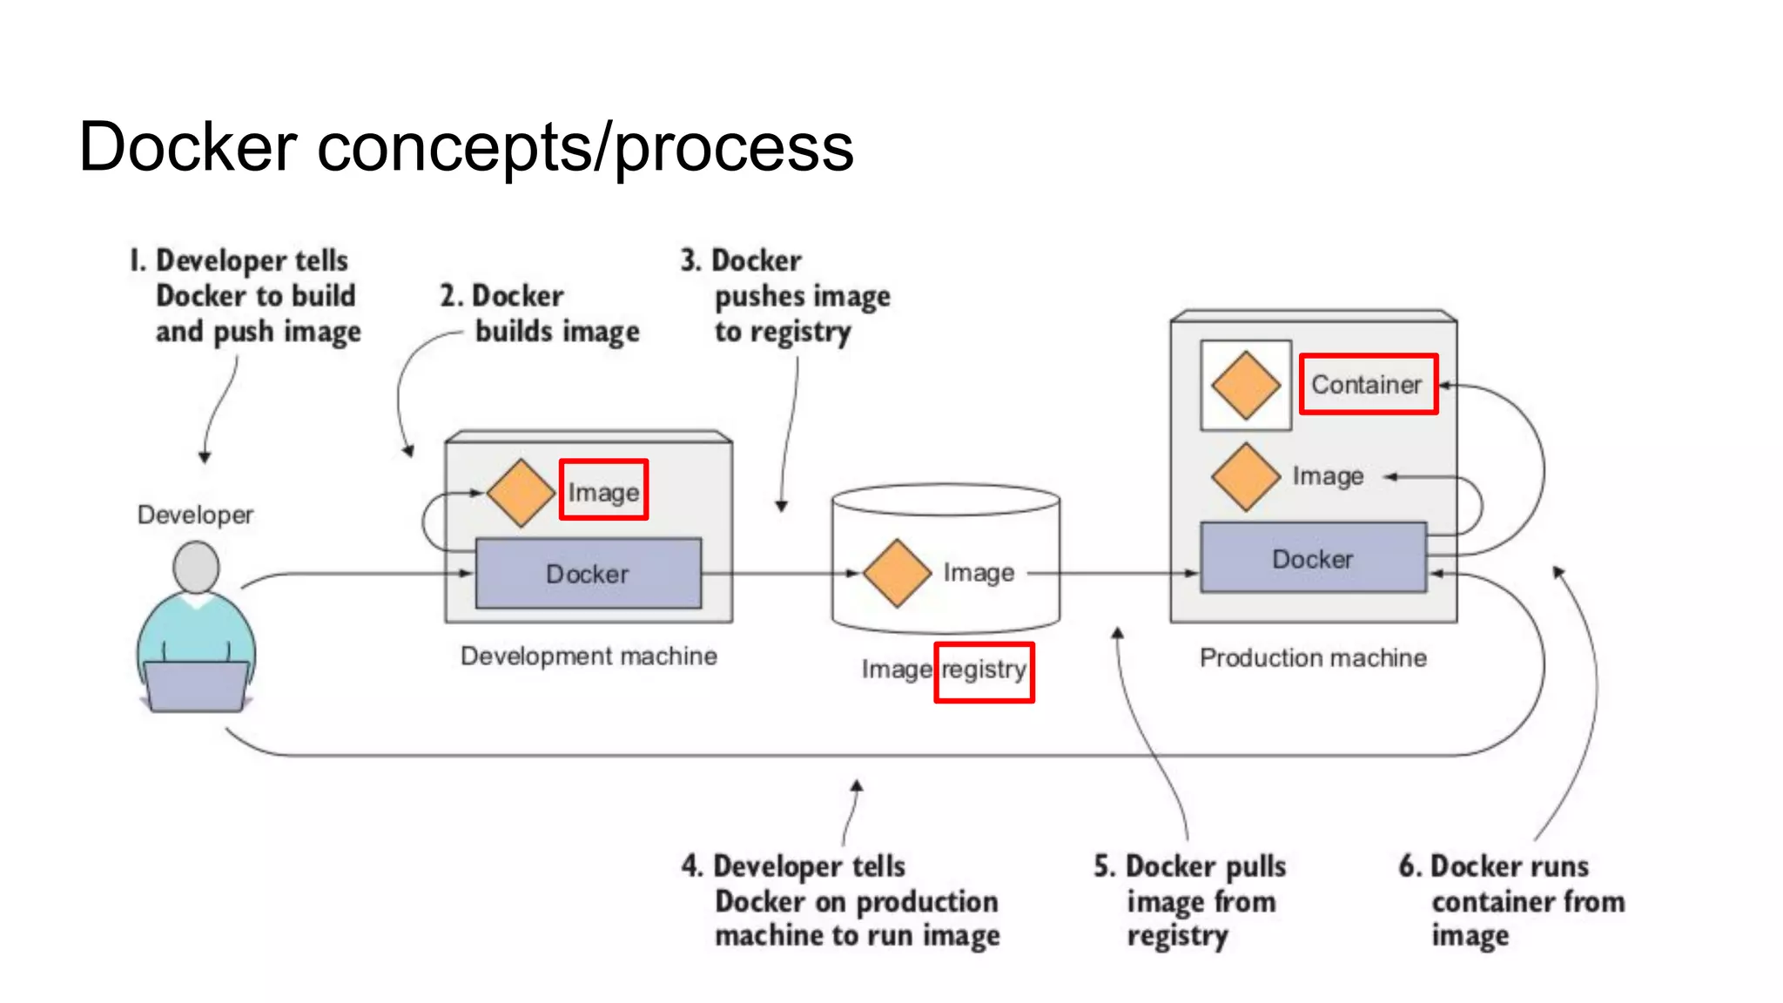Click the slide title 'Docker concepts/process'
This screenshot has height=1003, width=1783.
coord(466,146)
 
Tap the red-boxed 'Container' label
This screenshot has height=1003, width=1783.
coord(1367,384)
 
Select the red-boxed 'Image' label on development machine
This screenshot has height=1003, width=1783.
coord(603,491)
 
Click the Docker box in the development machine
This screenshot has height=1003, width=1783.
coord(588,573)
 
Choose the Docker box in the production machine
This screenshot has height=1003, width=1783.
coord(1313,558)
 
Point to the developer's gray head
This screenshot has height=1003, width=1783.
coord(196,567)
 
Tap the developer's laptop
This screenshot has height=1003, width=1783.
coord(196,686)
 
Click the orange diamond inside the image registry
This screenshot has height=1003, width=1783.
coord(898,572)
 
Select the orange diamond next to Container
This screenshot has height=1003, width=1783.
coord(1246,385)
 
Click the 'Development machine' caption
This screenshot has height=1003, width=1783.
coord(589,656)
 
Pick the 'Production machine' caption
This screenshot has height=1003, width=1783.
coord(1313,657)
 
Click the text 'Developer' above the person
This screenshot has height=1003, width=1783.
coord(195,515)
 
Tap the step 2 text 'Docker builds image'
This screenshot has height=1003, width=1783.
coord(540,313)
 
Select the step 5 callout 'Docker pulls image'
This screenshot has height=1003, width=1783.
coord(1189,900)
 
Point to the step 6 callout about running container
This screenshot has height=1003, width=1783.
coord(1511,900)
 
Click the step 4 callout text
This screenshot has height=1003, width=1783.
coord(841,900)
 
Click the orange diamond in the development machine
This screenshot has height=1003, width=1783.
coord(521,493)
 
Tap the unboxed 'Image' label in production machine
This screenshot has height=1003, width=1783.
coord(1328,475)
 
